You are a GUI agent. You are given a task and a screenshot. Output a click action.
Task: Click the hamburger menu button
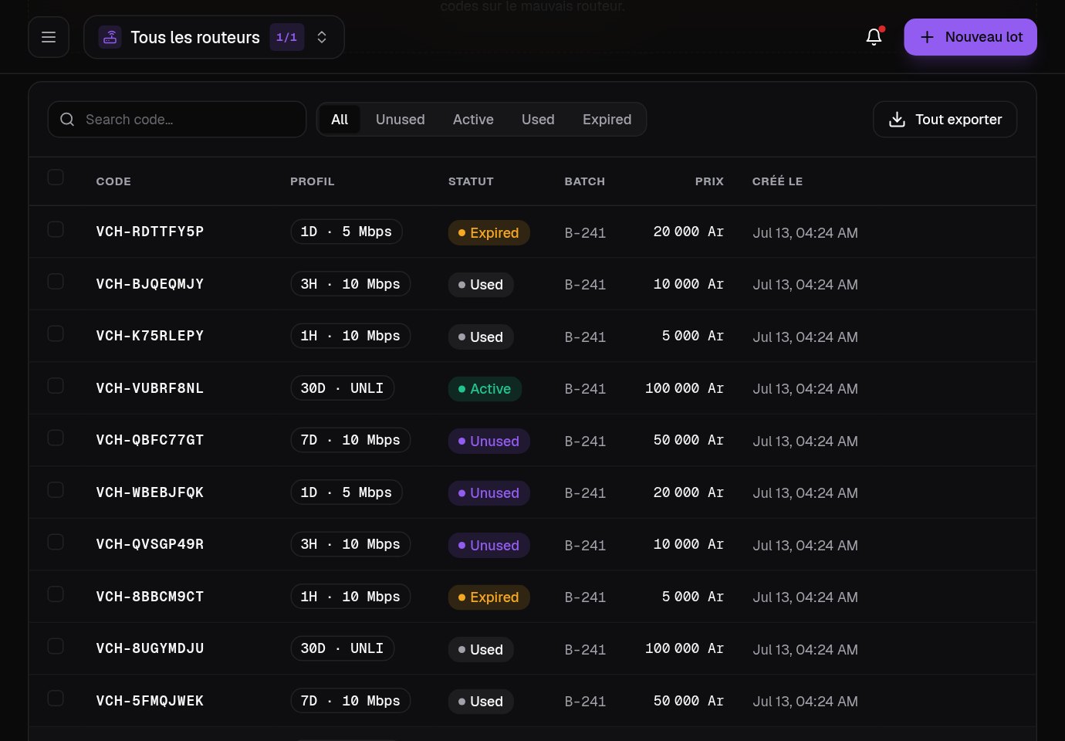(x=49, y=37)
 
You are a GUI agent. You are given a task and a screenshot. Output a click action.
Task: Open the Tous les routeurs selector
(x=214, y=37)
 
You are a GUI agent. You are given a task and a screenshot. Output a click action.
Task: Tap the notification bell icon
(x=874, y=36)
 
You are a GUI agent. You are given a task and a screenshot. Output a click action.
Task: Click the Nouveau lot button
(x=970, y=37)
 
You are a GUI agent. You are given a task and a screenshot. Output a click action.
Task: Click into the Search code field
(x=177, y=120)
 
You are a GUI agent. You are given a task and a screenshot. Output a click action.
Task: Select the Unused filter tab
(x=401, y=120)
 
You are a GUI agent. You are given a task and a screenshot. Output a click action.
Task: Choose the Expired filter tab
(x=607, y=120)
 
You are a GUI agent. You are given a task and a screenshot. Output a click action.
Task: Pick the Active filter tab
(x=473, y=120)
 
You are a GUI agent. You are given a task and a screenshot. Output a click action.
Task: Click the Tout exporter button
(x=945, y=120)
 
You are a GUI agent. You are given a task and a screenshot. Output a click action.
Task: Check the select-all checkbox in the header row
(x=56, y=178)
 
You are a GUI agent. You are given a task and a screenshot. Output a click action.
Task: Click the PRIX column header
(x=709, y=181)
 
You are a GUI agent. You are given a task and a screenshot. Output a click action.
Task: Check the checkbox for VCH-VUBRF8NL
(x=56, y=386)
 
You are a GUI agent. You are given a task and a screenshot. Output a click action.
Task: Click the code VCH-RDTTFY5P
(x=150, y=232)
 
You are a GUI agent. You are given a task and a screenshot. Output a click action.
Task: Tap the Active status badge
(x=485, y=389)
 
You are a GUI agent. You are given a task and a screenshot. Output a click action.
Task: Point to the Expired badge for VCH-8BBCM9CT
(x=489, y=597)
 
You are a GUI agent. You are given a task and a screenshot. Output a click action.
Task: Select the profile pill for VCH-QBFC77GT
(x=350, y=440)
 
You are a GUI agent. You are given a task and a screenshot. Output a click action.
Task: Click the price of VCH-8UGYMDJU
(x=685, y=648)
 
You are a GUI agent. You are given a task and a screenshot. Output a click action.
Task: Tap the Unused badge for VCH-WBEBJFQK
(x=489, y=493)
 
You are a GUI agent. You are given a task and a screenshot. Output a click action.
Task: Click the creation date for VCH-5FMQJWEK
(x=806, y=702)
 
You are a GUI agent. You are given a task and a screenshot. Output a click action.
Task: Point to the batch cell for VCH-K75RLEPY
(x=585, y=337)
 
